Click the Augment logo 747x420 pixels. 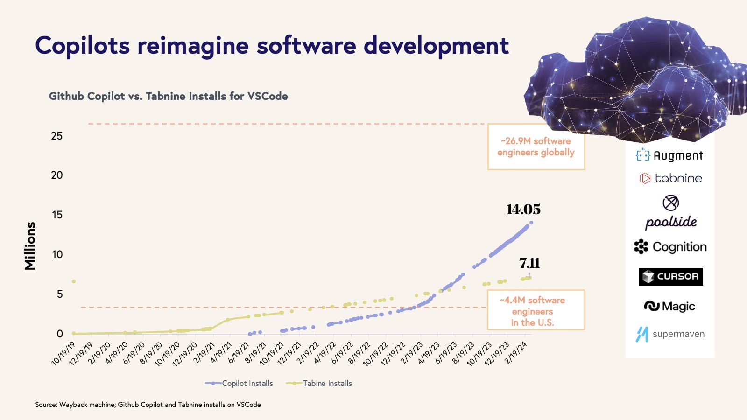(x=669, y=155)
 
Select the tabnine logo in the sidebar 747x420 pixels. (x=670, y=178)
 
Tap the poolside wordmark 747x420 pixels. (x=671, y=222)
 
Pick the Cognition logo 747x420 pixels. (x=670, y=247)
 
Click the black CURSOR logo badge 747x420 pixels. (x=670, y=276)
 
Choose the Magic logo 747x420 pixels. (x=669, y=306)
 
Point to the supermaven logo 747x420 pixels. (x=670, y=334)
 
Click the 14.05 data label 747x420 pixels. (x=523, y=209)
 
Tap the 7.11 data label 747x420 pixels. (x=529, y=263)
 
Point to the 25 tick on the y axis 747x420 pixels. (x=57, y=136)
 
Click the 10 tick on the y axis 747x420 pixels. (x=57, y=254)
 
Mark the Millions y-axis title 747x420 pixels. (x=30, y=246)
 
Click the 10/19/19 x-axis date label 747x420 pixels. (x=63, y=354)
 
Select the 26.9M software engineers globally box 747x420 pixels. (x=536, y=147)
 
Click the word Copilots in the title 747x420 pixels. (x=82, y=46)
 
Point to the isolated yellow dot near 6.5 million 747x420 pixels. (x=74, y=281)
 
